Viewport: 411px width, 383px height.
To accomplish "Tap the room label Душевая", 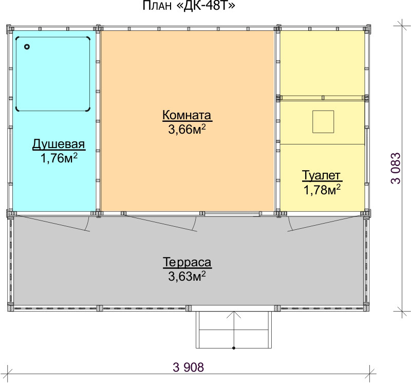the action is (59, 144).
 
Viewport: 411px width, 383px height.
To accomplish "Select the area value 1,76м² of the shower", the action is (59, 158).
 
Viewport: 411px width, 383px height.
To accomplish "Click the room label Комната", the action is (187, 115).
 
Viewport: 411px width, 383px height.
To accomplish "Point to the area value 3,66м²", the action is (187, 129).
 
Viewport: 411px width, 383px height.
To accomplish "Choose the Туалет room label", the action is (322, 175).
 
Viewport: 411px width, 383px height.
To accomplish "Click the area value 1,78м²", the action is (322, 190).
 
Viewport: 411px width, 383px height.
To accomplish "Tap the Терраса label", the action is (187, 262).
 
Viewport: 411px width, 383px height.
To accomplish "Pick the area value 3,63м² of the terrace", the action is (187, 276).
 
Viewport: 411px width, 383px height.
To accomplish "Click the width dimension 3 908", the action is (188, 367).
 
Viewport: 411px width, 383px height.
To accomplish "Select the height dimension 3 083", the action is (396, 168).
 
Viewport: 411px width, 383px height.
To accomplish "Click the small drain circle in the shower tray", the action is (27, 47).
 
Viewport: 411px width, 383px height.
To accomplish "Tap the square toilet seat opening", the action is (323, 122).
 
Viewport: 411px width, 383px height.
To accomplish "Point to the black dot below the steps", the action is (234, 348).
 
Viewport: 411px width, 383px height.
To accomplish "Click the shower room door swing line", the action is (52, 223).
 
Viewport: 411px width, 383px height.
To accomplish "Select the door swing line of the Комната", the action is (161, 224).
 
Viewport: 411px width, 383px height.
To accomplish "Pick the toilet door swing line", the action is (324, 224).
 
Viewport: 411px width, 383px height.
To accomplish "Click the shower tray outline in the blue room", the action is (16, 74).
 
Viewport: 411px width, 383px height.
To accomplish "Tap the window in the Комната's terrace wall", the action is (232, 214).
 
